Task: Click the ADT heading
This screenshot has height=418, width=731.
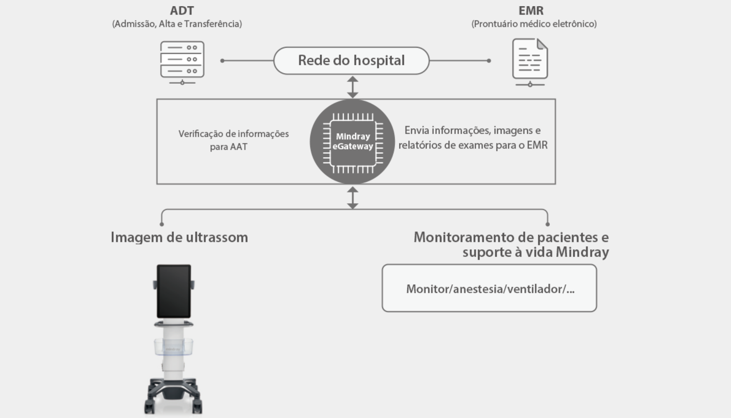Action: (x=182, y=11)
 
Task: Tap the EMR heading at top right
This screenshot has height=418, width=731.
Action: (x=531, y=11)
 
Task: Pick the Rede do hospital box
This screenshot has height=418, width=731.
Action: (x=351, y=61)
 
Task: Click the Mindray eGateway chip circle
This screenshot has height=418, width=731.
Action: (x=352, y=142)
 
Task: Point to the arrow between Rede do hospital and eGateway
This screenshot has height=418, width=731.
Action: (x=352, y=87)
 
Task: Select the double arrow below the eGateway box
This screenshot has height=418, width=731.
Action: (x=352, y=197)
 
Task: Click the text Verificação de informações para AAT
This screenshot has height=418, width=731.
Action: (x=233, y=140)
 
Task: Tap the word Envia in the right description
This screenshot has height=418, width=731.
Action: (x=417, y=131)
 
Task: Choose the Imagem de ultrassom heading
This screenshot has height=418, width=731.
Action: (x=179, y=237)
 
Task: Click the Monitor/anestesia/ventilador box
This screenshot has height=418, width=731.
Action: (x=489, y=288)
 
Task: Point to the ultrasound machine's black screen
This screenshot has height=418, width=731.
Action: (x=174, y=291)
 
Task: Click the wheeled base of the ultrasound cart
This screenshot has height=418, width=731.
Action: (x=174, y=396)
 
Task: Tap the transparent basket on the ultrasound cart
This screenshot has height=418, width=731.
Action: (x=174, y=347)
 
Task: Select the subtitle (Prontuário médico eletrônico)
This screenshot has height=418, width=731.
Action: (x=534, y=24)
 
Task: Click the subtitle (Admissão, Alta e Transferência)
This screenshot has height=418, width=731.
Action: (x=177, y=24)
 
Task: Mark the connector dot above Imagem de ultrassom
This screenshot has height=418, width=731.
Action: (x=162, y=224)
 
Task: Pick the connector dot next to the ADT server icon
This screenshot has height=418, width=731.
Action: (x=222, y=61)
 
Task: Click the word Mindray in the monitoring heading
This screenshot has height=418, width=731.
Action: (x=582, y=252)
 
